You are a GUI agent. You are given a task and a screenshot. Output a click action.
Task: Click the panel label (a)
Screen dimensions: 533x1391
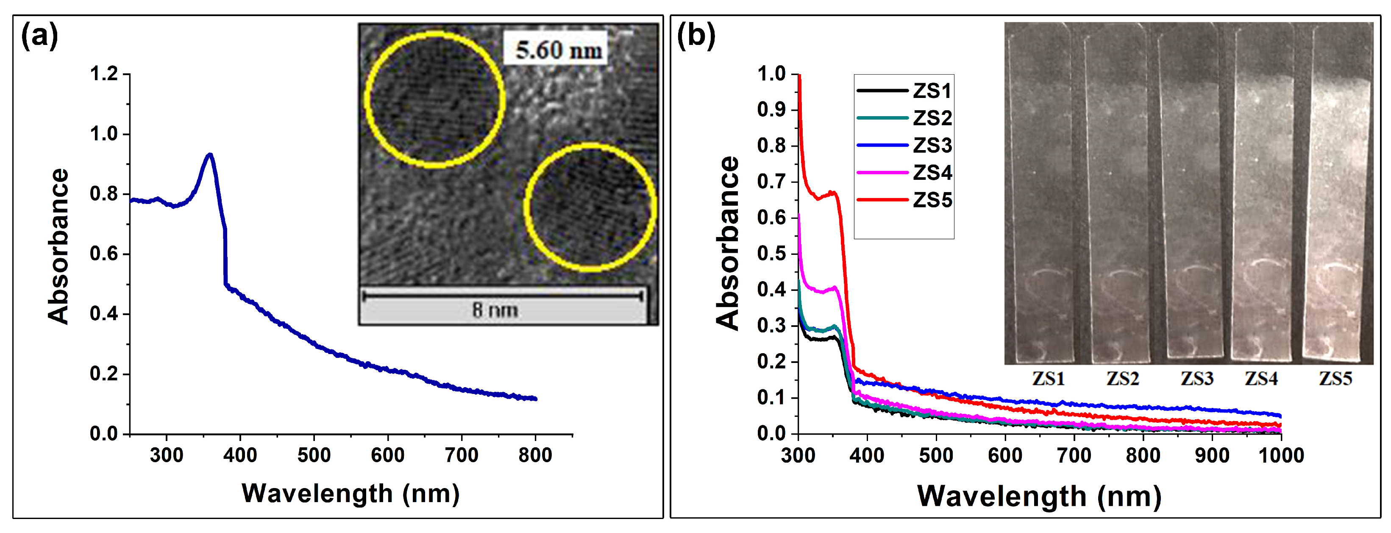click(x=39, y=37)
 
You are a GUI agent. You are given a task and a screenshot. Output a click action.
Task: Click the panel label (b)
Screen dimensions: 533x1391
click(x=696, y=37)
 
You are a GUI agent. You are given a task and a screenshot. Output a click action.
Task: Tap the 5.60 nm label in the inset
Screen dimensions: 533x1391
click(x=558, y=50)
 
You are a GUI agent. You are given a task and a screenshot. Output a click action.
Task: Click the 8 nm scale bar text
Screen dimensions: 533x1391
click(x=495, y=310)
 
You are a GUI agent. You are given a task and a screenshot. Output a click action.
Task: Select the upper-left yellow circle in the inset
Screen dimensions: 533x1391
click(x=435, y=99)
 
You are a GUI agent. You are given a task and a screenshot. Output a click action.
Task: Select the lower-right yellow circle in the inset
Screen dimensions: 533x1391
click(x=590, y=207)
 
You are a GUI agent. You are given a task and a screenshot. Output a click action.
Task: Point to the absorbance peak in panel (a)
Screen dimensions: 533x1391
click(x=209, y=155)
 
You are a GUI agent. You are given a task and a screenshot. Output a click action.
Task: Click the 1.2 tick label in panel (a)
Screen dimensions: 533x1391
click(x=104, y=74)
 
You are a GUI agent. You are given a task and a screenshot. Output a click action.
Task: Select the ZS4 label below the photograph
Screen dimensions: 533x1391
click(x=1261, y=379)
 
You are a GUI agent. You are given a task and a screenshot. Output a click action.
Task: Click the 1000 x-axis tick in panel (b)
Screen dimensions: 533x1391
click(x=1281, y=455)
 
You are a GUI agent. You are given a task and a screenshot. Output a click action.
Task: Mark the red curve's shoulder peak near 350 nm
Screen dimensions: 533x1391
click(x=833, y=192)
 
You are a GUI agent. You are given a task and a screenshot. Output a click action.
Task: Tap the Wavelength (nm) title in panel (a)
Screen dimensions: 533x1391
click(x=351, y=494)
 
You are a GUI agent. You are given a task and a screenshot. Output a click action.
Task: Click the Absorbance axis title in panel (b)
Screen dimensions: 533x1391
click(x=727, y=243)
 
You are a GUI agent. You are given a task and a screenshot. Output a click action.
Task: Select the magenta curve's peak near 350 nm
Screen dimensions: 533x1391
click(x=835, y=287)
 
